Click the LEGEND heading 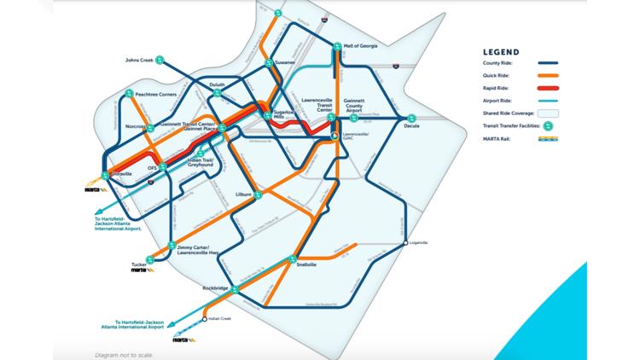coord(501,51)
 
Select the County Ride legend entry coord(503,62)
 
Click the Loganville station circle coord(406,243)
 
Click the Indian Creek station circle coord(205,319)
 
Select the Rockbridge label coord(217,288)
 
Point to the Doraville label coord(121,174)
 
